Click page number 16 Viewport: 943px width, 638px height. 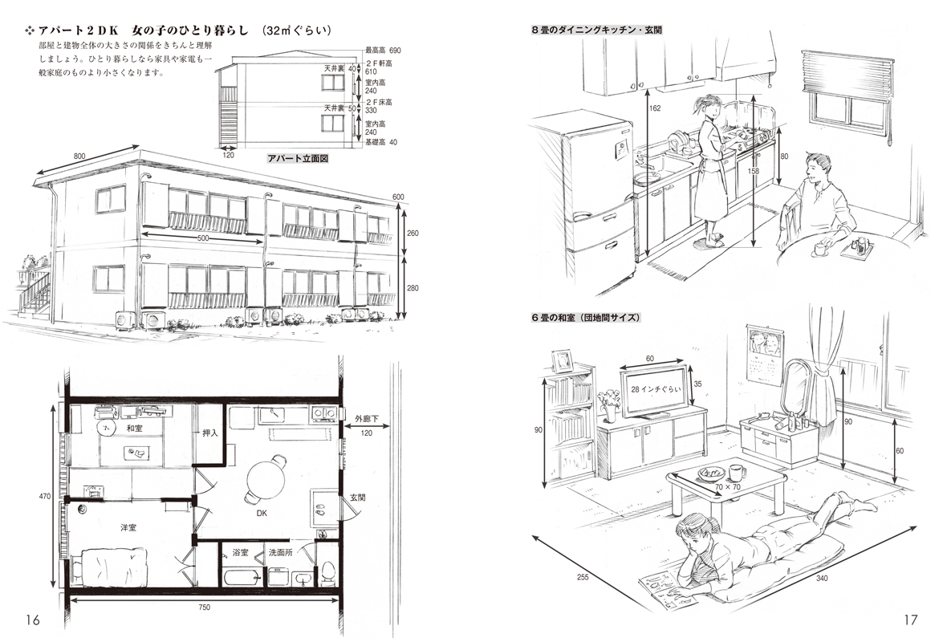click(32, 620)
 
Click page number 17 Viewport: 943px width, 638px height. click(910, 620)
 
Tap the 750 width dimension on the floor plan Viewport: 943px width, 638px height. click(204, 608)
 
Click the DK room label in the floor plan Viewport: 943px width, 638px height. click(262, 513)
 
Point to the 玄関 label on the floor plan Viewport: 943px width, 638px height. click(357, 498)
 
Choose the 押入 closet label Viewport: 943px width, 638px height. click(210, 433)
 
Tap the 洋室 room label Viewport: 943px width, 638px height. click(128, 527)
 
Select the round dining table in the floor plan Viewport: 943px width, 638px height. click(266, 476)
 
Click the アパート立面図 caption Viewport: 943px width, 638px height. click(298, 159)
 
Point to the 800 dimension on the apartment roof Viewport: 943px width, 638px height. click(79, 156)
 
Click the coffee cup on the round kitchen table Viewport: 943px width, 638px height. click(819, 248)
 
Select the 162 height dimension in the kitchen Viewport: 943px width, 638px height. click(655, 108)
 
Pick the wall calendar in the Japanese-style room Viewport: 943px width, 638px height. click(764, 354)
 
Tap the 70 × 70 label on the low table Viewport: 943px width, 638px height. click(728, 486)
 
